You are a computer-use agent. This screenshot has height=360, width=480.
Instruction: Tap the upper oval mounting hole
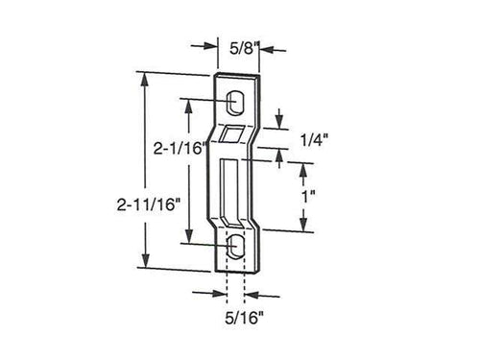[236, 100]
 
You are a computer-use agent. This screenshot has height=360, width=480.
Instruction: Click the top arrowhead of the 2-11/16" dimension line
[146, 76]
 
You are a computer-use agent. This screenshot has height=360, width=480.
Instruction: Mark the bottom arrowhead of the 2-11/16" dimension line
[146, 267]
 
